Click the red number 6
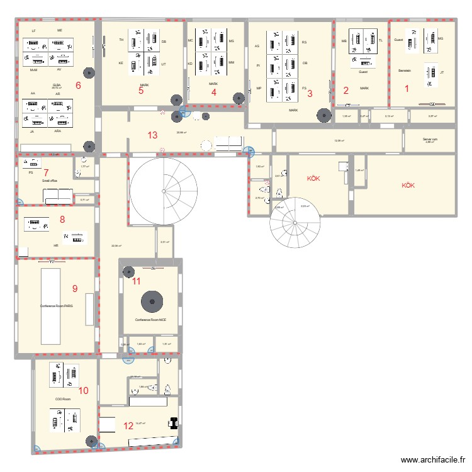[x=78, y=86]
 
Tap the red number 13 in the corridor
[x=152, y=135]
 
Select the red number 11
[x=137, y=281]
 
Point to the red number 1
[x=406, y=89]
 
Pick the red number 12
[x=128, y=425]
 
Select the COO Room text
[x=62, y=399]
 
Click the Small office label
[x=50, y=181]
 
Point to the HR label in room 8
[x=56, y=245]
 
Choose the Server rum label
[x=430, y=139]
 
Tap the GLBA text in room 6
[x=57, y=84]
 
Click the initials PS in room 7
[x=30, y=172]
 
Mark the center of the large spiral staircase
[x=162, y=191]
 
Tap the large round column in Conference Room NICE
[x=151, y=301]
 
